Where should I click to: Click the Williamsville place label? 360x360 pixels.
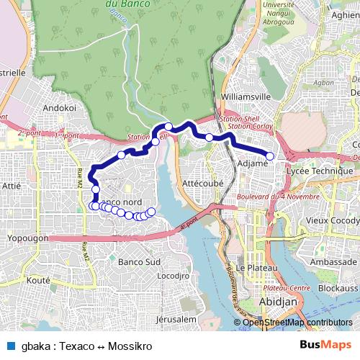pos(246,96)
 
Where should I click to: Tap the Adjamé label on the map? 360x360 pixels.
pos(252,164)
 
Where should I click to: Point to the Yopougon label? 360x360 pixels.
pos(27,238)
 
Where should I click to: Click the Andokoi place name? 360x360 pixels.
pos(60,107)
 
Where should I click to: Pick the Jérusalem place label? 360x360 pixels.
pos(176,318)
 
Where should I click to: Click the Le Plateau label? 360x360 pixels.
pos(252,267)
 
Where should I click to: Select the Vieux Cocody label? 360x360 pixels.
pos(332,220)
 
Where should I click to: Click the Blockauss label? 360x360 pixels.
pos(338,287)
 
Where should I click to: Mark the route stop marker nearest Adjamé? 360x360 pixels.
pos(270,156)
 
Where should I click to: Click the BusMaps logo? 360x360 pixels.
pos(325,345)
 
